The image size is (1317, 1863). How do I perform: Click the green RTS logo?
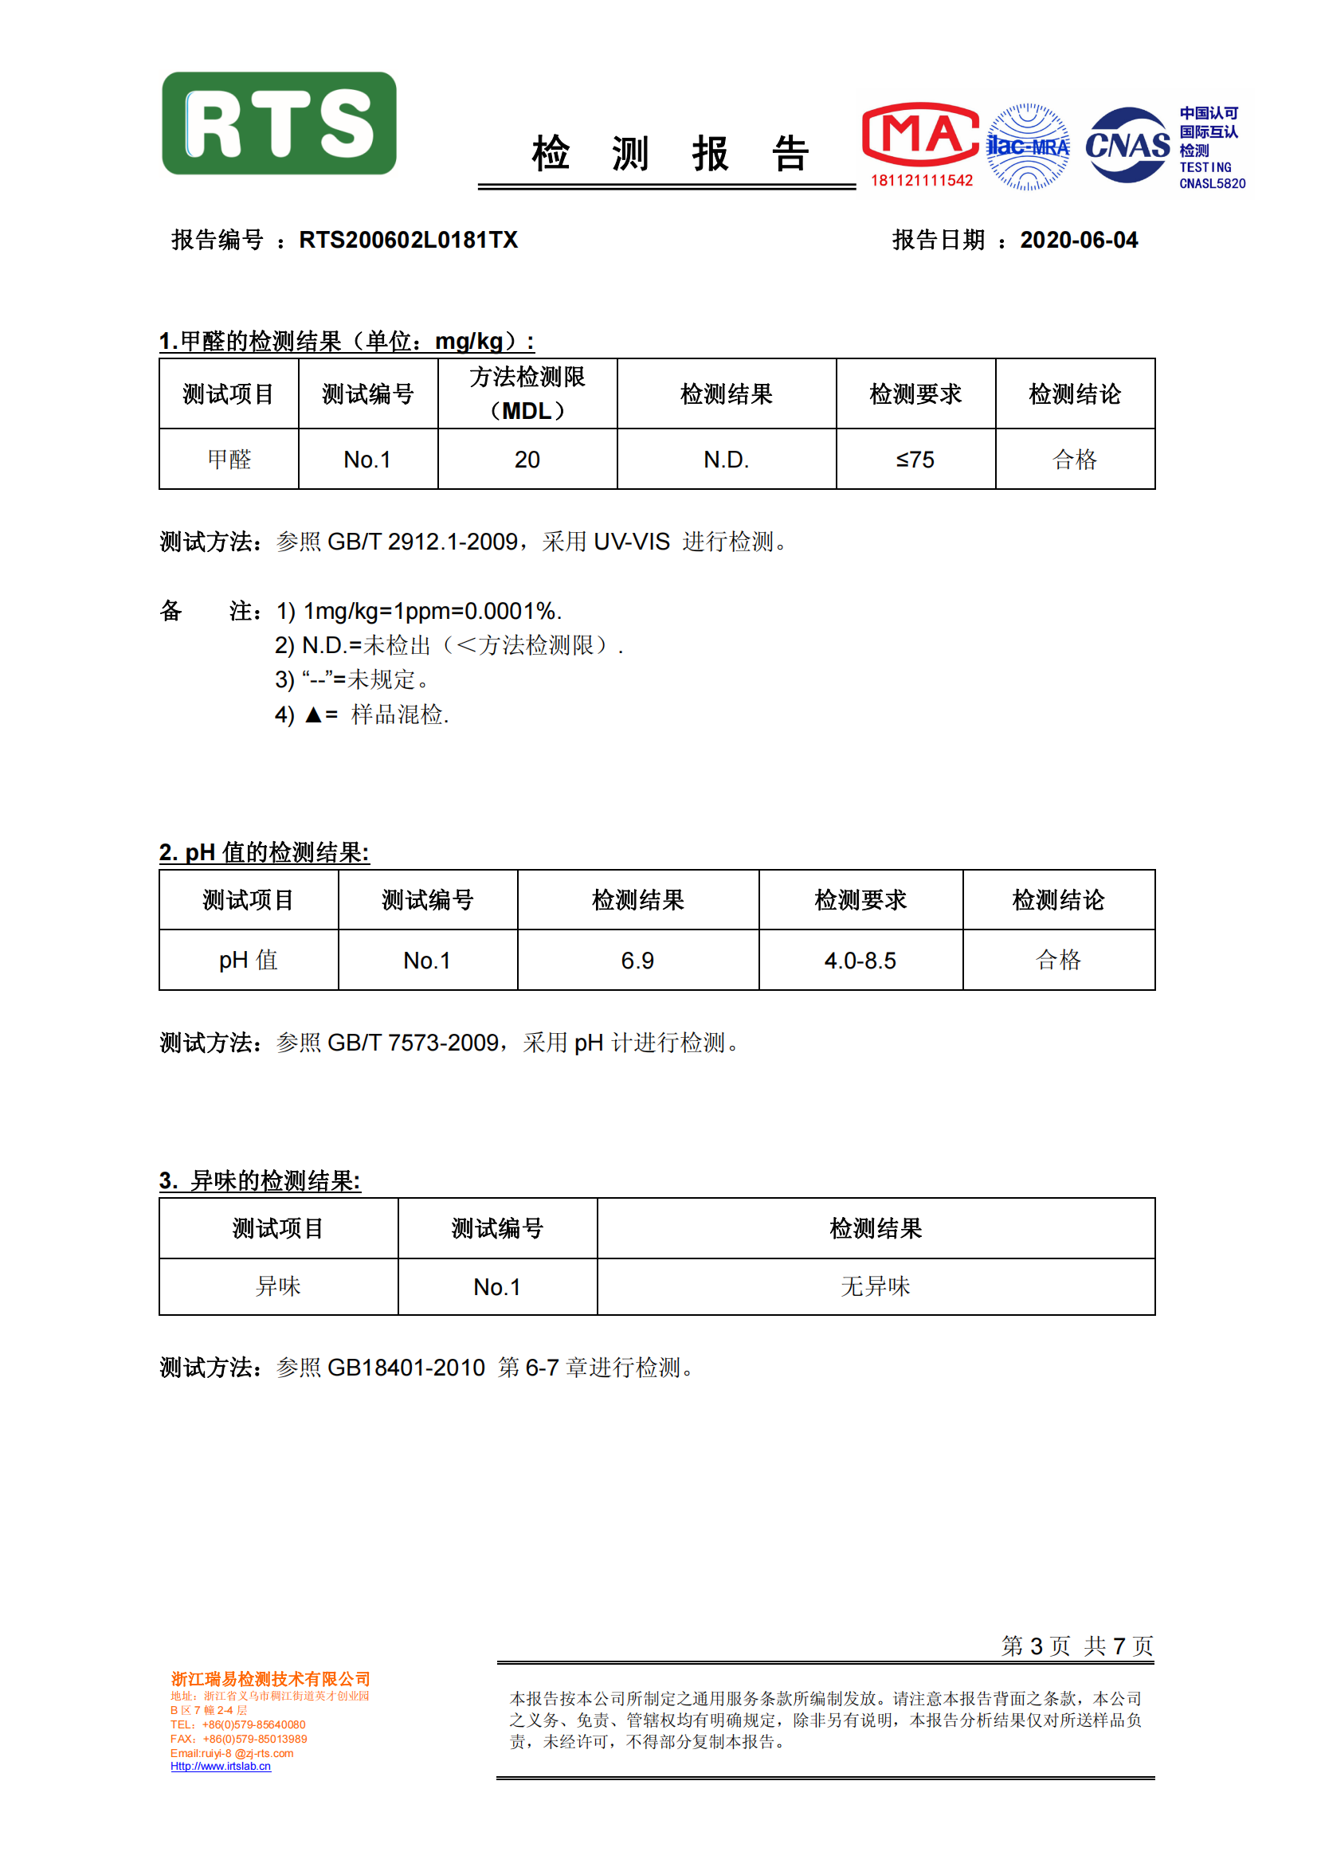[279, 123]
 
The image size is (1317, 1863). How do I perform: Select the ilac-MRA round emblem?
[1027, 147]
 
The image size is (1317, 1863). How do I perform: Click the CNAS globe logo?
[1127, 145]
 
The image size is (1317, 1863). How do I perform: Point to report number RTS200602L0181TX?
[408, 241]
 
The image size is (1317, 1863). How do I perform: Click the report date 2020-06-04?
[1079, 241]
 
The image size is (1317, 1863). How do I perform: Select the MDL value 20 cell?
[527, 460]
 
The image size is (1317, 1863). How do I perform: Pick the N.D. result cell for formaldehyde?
[727, 460]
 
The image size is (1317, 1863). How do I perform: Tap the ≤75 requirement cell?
[915, 460]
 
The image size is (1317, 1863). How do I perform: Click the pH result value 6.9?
[638, 961]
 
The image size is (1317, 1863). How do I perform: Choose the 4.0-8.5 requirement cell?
[860, 961]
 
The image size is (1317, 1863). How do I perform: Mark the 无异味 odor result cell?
[876, 1287]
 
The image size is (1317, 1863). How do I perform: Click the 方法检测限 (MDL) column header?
[527, 394]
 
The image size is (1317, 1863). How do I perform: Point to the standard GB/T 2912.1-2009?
[422, 542]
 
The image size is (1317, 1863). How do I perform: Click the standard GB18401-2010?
[406, 1368]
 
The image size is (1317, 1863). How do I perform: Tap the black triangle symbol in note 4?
[313, 714]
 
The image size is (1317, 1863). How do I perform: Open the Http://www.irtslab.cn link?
[221, 1766]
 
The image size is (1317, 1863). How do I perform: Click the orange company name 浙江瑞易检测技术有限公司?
[270, 1679]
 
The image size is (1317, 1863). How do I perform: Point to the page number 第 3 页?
[1036, 1646]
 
